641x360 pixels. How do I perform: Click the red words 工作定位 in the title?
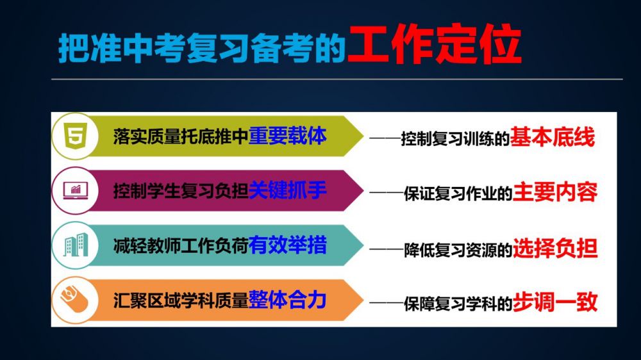pyautogui.click(x=435, y=44)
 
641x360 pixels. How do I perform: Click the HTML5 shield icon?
pyautogui.click(x=76, y=136)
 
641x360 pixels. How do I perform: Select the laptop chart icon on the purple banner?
pyautogui.click(x=76, y=190)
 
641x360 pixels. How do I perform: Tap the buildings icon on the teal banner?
pyautogui.click(x=76, y=245)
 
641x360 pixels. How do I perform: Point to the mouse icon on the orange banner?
pyautogui.click(x=74, y=299)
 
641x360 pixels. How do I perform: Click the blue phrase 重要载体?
pyautogui.click(x=287, y=136)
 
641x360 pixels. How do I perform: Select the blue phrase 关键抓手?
pyautogui.click(x=287, y=190)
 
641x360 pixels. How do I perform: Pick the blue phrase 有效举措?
pyautogui.click(x=287, y=245)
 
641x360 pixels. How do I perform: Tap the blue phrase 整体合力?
pyautogui.click(x=287, y=300)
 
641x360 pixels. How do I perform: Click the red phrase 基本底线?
pyautogui.click(x=552, y=137)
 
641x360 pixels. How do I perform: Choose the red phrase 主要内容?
pyautogui.click(x=554, y=192)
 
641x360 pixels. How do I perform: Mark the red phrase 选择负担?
pyautogui.click(x=554, y=248)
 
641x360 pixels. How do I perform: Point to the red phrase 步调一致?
pyautogui.click(x=554, y=302)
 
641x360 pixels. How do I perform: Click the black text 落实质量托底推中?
pyautogui.click(x=181, y=137)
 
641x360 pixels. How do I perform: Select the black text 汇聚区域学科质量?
pyautogui.click(x=181, y=300)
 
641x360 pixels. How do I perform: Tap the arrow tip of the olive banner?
pyautogui.click(x=363, y=136)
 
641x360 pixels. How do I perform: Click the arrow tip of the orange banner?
pyautogui.click(x=363, y=300)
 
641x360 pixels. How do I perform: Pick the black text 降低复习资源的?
pyautogui.click(x=458, y=250)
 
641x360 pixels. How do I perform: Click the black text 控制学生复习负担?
pyautogui.click(x=181, y=192)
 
